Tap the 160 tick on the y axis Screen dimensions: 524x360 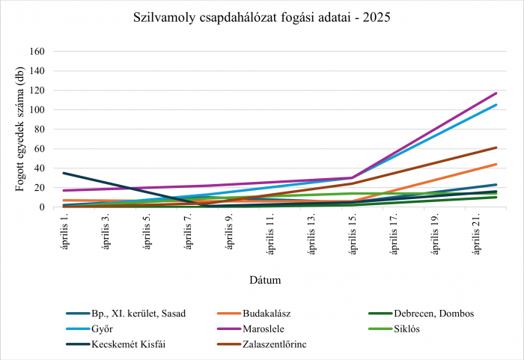(x=37, y=52)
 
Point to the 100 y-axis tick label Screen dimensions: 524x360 (x=37, y=110)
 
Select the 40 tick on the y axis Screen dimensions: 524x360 (x=39, y=168)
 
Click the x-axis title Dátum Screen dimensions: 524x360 (x=265, y=280)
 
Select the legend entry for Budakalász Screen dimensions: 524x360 (x=254, y=314)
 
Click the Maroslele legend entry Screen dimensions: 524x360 (x=251, y=329)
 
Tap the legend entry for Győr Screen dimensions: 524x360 (x=90, y=329)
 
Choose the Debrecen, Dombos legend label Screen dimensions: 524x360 (x=421, y=314)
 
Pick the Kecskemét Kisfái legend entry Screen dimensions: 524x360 (x=115, y=344)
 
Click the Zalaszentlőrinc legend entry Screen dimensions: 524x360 (x=262, y=344)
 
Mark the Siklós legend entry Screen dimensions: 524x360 (x=394, y=329)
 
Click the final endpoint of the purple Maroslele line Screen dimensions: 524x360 (x=496, y=94)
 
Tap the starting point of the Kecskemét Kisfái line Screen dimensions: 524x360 (x=64, y=173)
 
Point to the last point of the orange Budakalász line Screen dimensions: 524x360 (x=496, y=165)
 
